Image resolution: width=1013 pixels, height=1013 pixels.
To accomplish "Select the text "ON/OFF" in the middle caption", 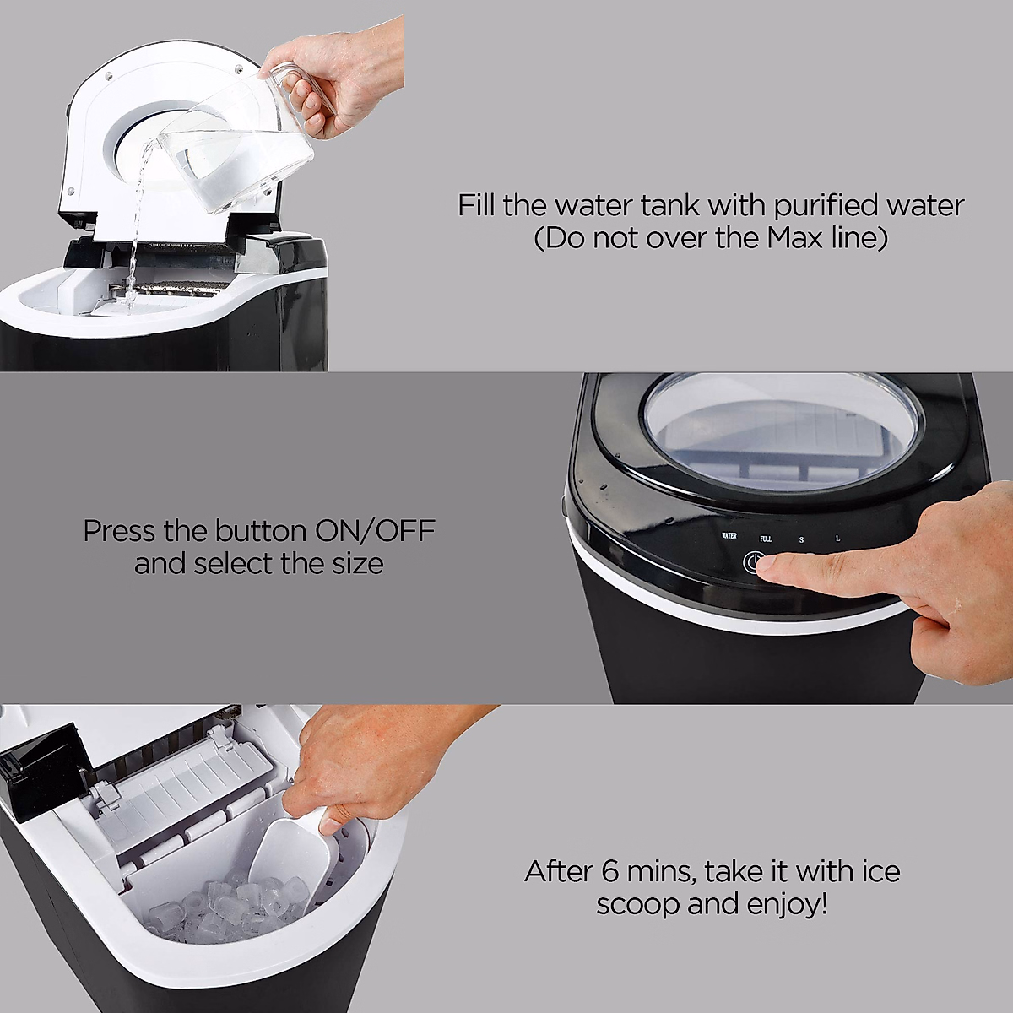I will coord(375,531).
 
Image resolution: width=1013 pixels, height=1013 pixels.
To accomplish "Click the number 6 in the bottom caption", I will coord(610,871).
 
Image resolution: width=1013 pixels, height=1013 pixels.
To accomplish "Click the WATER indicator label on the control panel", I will coord(729,536).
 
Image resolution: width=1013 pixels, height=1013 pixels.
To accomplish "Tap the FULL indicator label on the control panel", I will coord(766,539).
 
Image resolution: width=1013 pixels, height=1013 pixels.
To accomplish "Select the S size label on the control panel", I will coord(802,539).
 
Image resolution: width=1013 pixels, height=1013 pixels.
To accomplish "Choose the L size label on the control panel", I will coord(837,539).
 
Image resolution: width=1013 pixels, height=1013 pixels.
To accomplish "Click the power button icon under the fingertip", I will coord(753,562).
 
